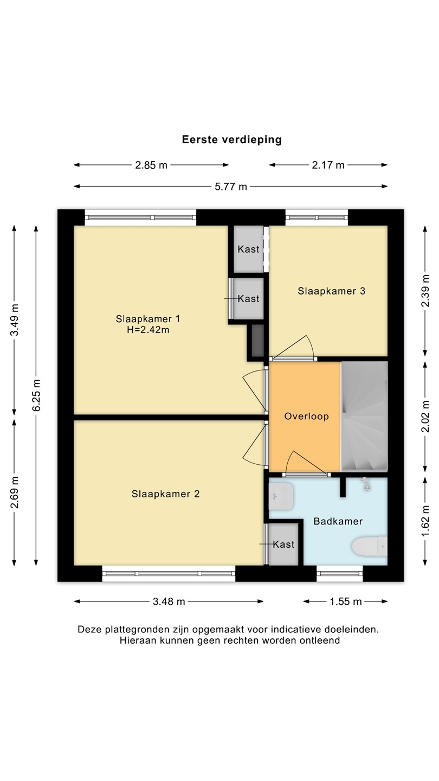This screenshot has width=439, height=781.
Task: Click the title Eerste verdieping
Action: [232, 139]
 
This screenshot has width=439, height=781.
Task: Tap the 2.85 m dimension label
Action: [151, 165]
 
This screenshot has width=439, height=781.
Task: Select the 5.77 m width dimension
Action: [231, 187]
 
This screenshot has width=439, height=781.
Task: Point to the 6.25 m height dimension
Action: [36, 395]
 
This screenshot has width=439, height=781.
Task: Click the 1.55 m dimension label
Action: [346, 601]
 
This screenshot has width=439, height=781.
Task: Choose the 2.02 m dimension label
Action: [425, 416]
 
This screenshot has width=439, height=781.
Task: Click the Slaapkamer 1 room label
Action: [148, 319]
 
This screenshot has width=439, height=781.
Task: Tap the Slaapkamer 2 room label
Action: [165, 494]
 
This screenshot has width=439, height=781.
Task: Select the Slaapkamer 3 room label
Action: [331, 291]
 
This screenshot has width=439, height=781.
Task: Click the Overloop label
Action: [307, 416]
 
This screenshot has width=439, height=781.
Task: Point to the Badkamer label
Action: [338, 521]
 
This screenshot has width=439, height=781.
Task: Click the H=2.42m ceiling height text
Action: [148, 330]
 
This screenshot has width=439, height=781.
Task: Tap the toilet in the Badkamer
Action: [369, 546]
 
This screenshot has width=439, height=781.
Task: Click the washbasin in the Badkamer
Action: [281, 496]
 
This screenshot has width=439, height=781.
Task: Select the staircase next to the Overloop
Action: [364, 417]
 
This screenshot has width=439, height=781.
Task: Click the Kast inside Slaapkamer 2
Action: [283, 545]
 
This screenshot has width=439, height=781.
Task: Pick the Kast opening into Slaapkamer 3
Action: [248, 249]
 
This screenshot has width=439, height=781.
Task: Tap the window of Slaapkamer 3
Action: [317, 217]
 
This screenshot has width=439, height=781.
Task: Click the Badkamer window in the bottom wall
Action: [340, 574]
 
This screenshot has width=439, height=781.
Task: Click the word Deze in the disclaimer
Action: [90, 629]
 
